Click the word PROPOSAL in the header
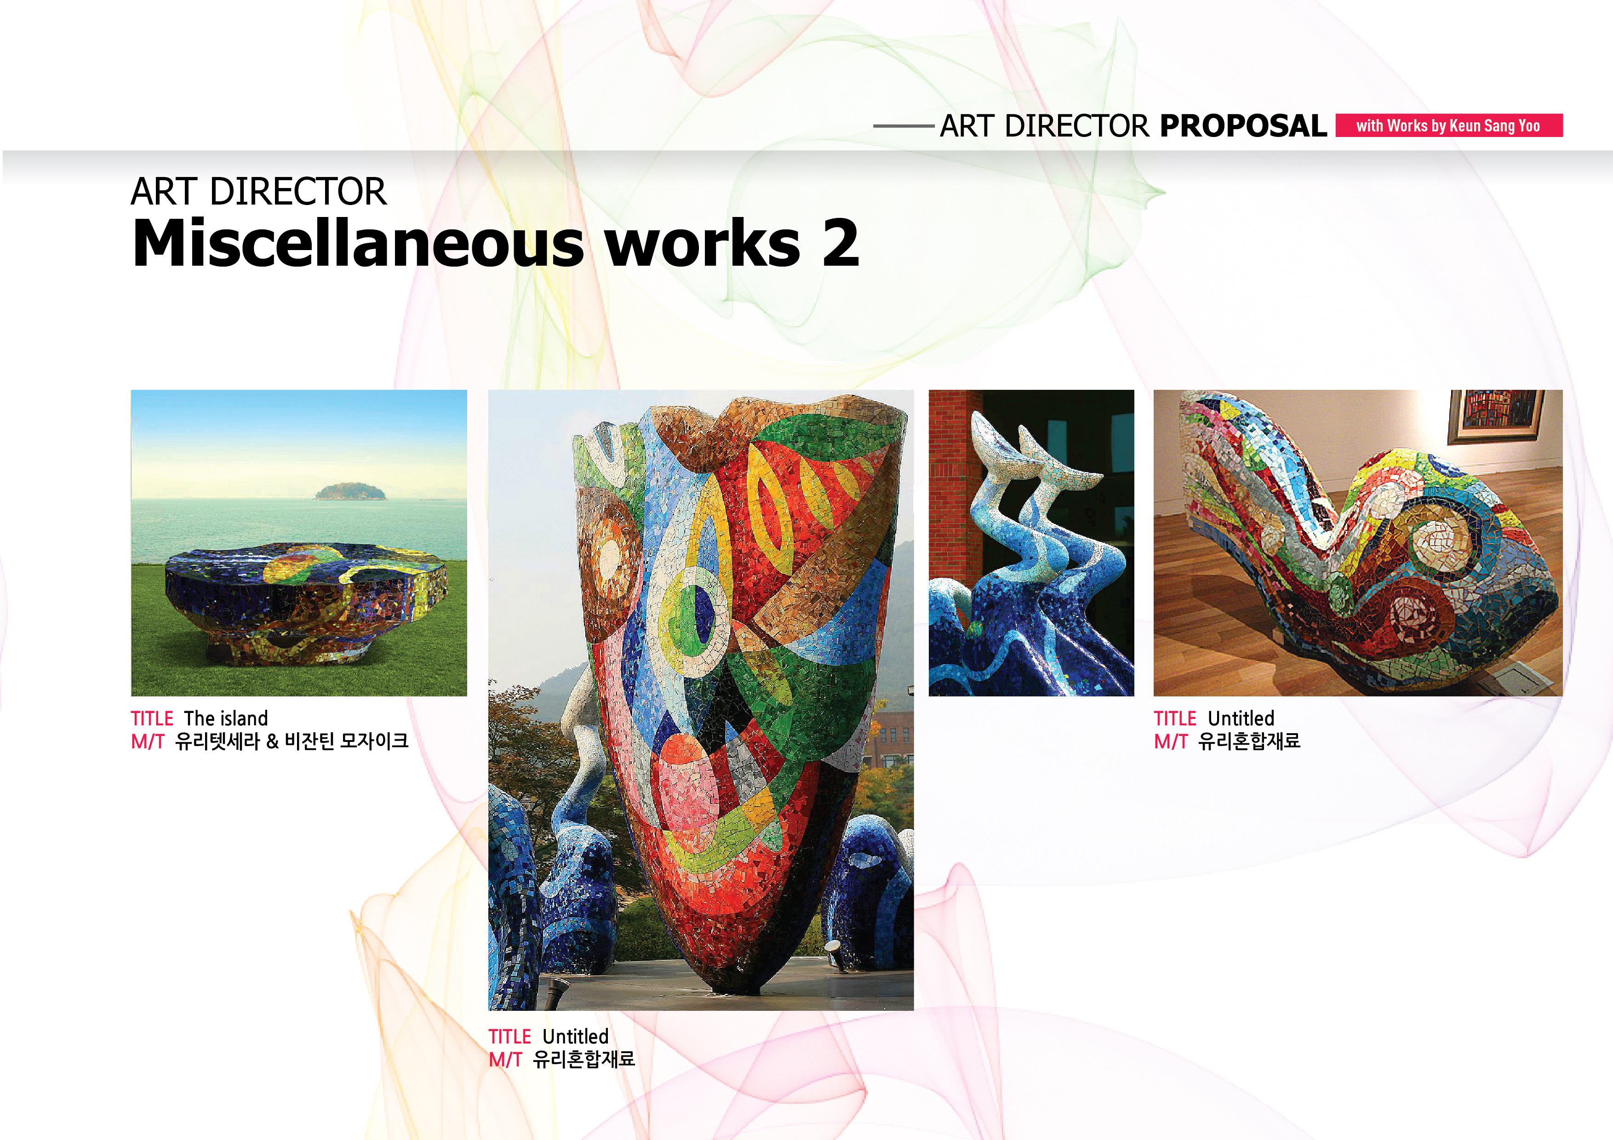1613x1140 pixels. pyautogui.click(x=1243, y=126)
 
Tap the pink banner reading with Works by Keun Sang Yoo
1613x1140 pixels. pyautogui.click(x=1448, y=125)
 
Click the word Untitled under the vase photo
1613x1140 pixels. pyautogui.click(x=575, y=1037)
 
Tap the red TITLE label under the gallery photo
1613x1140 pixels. pyautogui.click(x=1175, y=718)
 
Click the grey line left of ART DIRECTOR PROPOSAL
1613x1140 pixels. pyautogui.click(x=904, y=126)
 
